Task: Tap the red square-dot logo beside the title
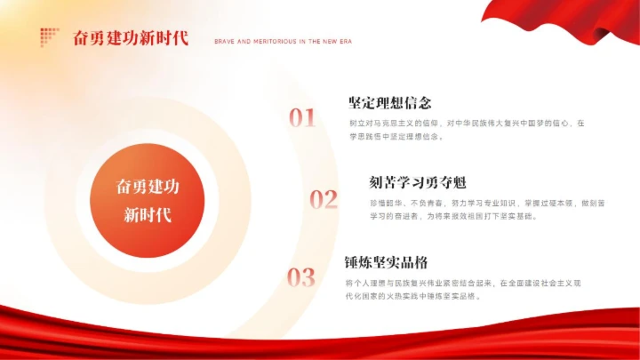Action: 49,37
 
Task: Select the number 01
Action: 302,117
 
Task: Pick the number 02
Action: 324,199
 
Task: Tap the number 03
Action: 301,277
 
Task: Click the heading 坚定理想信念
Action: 390,102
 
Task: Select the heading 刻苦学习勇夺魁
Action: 418,183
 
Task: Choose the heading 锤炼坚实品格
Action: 387,263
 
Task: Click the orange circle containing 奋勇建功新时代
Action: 148,200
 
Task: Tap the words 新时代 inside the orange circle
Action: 148,215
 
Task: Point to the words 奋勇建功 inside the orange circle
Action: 148,187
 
